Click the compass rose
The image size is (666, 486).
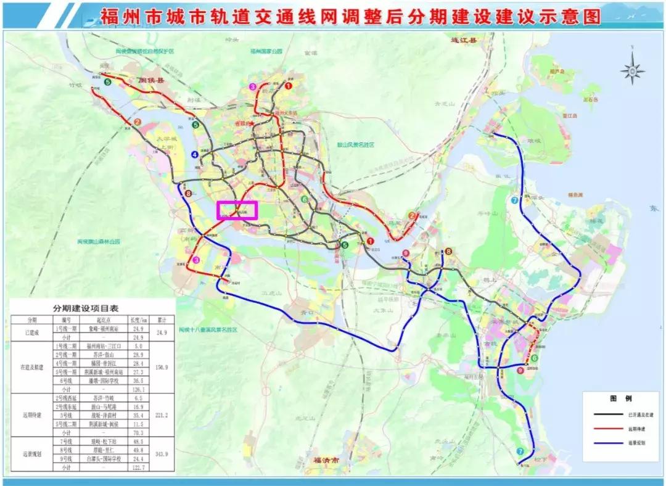point(632,70)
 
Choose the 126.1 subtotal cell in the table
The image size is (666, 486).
point(136,389)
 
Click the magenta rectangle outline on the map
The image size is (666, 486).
point(237,210)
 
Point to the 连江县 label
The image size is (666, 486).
point(464,41)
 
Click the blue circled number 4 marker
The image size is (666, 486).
point(195,154)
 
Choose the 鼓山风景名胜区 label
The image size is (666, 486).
point(356,144)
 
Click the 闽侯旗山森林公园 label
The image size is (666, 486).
point(101,242)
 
